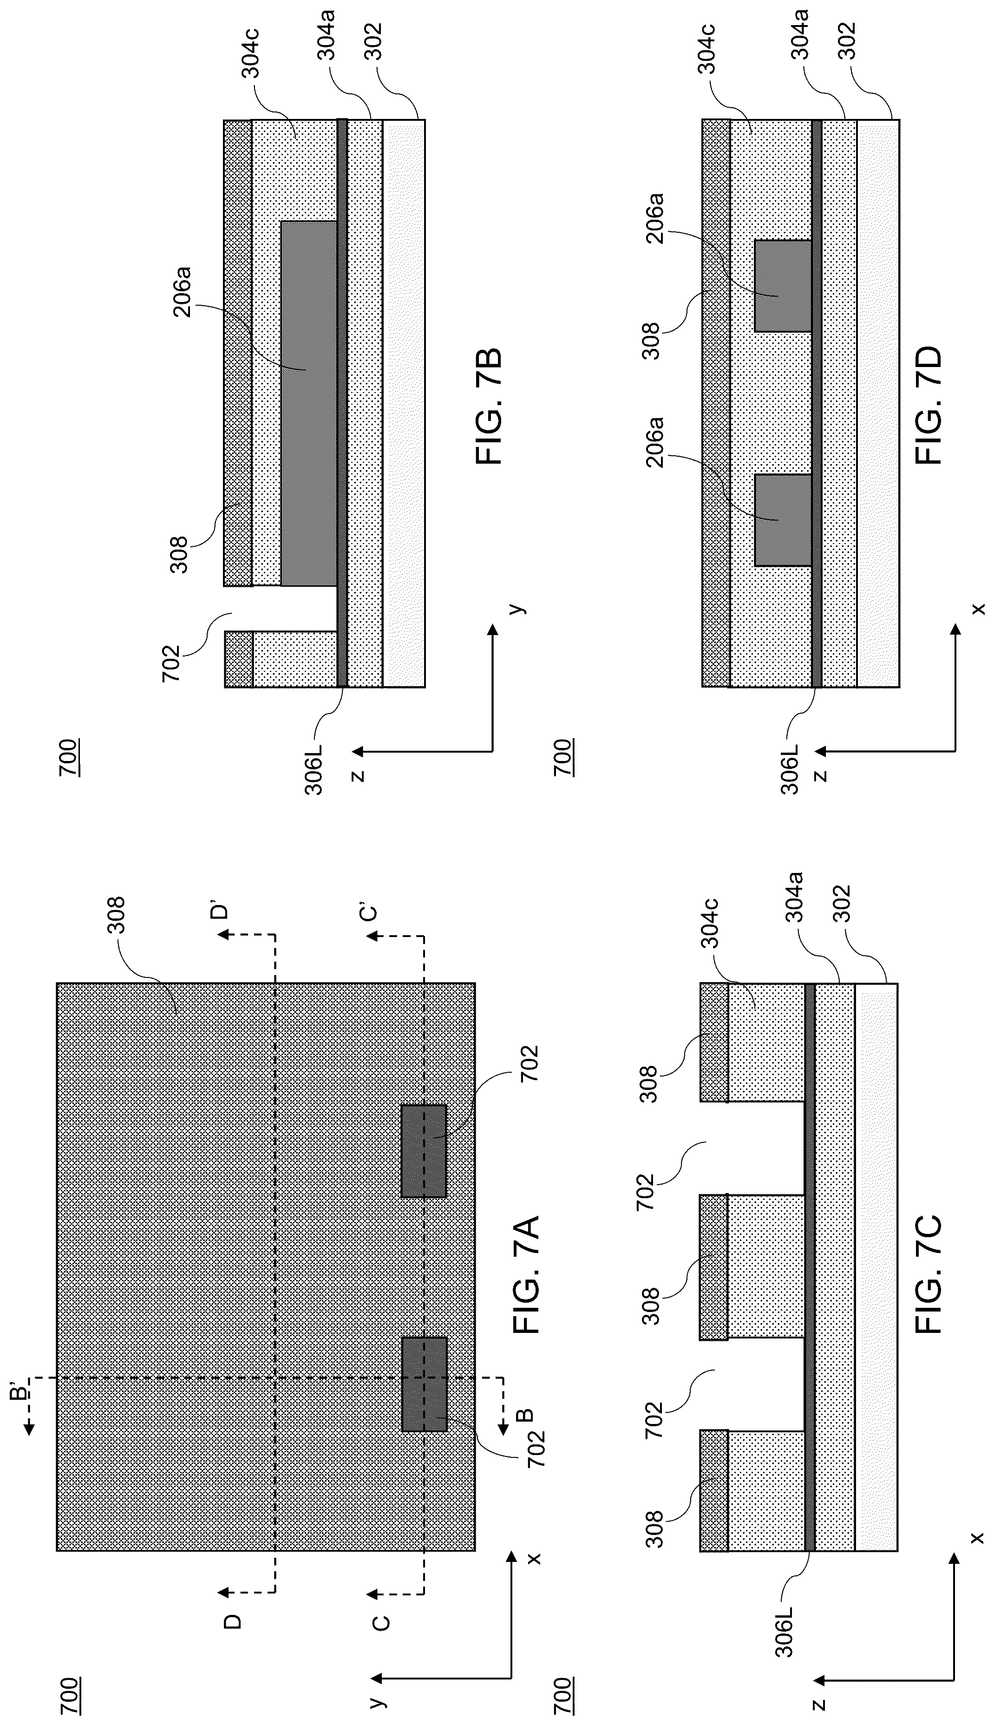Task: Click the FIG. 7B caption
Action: point(489,407)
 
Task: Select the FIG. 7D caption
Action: point(929,407)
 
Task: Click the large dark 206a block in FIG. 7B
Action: point(308,403)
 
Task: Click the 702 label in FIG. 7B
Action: point(172,663)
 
